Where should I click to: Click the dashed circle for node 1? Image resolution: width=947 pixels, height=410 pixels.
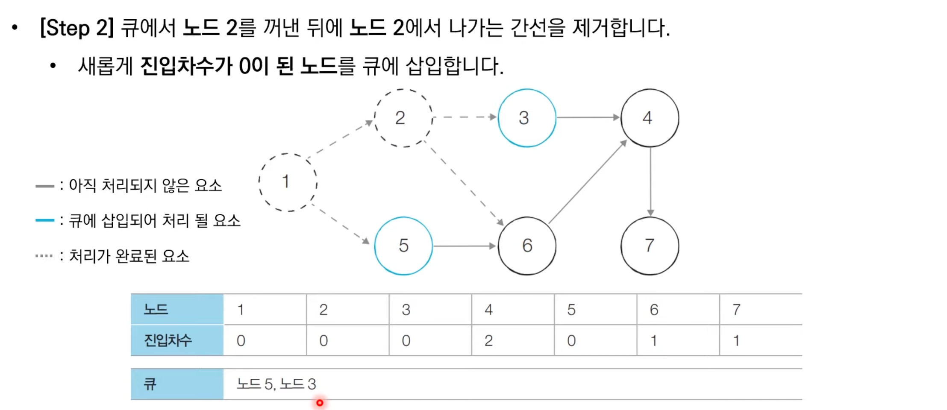point(288,182)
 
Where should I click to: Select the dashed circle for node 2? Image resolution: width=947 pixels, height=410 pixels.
point(403,118)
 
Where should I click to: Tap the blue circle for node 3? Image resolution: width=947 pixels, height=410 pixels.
point(526,118)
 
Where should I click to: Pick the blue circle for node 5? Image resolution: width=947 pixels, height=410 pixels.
point(403,246)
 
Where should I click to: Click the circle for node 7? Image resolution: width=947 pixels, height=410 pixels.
point(650,246)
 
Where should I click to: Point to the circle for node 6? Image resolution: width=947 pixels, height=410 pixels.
point(526,246)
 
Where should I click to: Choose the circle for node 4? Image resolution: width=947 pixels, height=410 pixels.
point(650,118)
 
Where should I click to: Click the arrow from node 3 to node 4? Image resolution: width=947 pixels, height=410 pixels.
point(588,117)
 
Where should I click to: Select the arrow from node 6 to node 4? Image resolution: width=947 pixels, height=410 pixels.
point(588,182)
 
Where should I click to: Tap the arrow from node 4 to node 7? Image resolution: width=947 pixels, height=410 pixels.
point(650,182)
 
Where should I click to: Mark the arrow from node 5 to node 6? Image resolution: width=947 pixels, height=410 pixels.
point(464,246)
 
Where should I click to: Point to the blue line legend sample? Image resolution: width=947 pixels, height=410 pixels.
point(44,220)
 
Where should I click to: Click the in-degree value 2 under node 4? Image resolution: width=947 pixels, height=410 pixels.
point(488,340)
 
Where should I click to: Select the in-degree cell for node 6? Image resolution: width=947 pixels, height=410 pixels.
point(677,340)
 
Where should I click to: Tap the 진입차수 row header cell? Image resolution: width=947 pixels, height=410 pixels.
point(177,340)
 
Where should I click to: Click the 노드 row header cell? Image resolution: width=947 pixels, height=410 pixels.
point(177,309)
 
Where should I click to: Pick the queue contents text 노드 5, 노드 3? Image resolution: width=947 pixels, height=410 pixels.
point(276,384)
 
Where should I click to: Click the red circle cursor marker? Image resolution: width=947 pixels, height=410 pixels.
point(320,403)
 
